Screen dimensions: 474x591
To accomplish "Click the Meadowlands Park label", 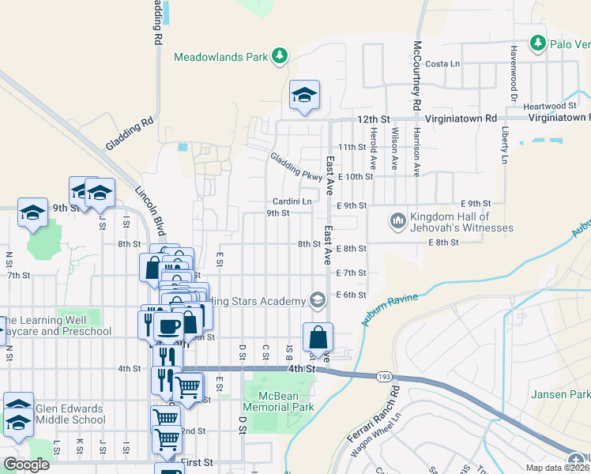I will click(x=220, y=57).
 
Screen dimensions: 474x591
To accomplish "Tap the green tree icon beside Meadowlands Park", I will click(x=279, y=55).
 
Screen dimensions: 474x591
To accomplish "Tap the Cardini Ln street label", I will click(x=292, y=202).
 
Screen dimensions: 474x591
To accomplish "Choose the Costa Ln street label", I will click(x=442, y=64).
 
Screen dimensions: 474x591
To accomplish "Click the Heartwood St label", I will click(x=551, y=106).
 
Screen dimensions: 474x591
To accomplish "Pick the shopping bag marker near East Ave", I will click(x=318, y=337).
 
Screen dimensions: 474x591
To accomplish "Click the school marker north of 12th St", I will click(x=304, y=95).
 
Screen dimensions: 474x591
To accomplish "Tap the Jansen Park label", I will click(x=562, y=393).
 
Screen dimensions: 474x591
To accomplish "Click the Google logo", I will click(x=26, y=465).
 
